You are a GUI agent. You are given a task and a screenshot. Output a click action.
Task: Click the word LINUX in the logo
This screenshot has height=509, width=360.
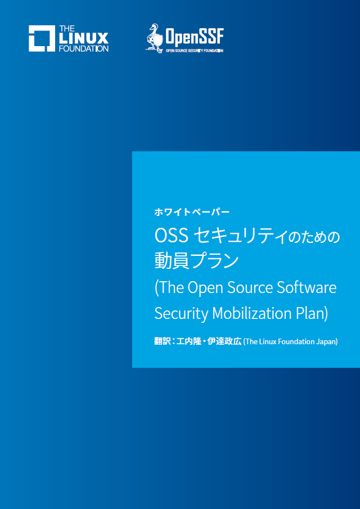pos(84,39)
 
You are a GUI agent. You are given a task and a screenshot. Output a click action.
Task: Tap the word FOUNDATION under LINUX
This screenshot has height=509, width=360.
pos(84,49)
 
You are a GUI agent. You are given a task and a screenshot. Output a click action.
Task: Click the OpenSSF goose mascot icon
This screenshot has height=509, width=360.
pos(154,38)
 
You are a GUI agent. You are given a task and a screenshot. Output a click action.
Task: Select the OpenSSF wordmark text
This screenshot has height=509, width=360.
pos(194,37)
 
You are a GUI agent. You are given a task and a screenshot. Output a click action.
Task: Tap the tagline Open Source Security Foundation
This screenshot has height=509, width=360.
pos(195,51)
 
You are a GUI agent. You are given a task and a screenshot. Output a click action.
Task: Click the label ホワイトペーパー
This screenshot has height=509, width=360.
pos(192,212)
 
